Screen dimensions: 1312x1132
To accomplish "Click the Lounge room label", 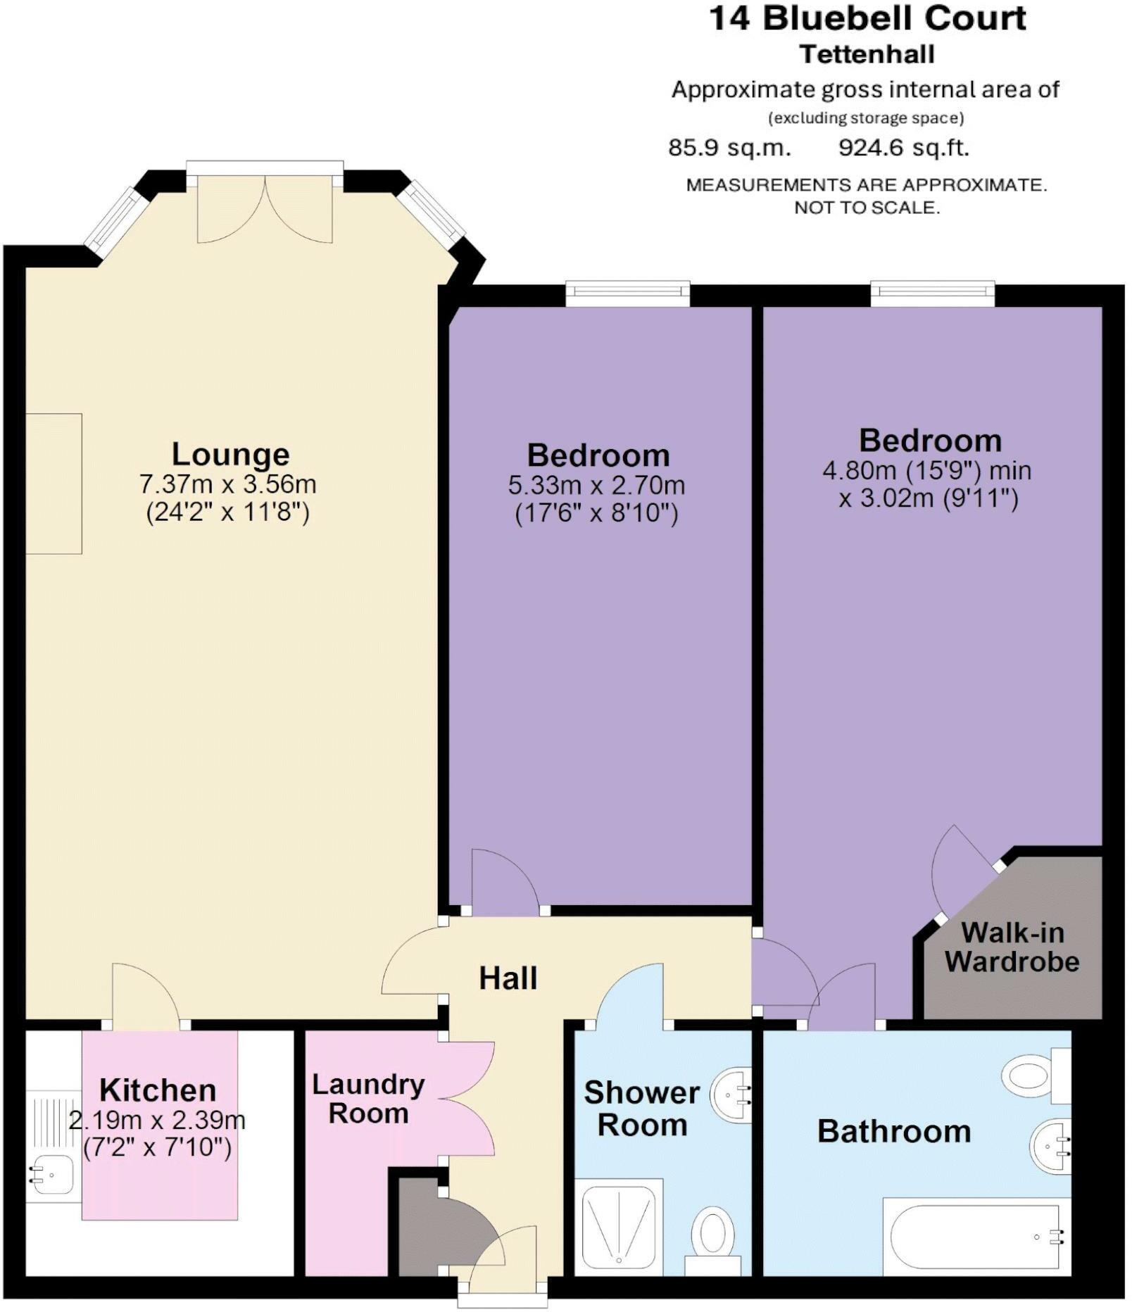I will tap(230, 455).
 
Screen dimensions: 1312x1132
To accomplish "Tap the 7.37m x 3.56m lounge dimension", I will tap(227, 484).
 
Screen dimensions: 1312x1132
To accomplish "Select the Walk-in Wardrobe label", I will tap(1012, 947).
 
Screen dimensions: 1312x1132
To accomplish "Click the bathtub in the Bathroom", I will tap(975, 1236).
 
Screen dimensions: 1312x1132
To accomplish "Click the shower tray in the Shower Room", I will tap(620, 1225).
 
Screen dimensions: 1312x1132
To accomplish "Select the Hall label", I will tap(508, 978).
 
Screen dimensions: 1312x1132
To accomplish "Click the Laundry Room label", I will tap(368, 1099).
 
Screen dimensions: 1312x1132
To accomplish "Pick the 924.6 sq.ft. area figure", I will tap(903, 149).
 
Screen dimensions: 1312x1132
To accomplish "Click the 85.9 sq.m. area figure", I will tap(729, 149).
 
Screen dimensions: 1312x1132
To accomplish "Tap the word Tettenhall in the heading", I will tap(867, 54).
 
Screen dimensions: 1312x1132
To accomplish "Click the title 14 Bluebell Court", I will tap(867, 18).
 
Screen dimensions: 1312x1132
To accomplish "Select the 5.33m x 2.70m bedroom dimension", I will tap(596, 485).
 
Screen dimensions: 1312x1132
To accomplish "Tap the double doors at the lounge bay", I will tap(265, 209).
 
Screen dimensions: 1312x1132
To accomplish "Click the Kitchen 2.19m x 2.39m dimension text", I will tap(157, 1120).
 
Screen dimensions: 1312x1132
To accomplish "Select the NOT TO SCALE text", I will tap(867, 208).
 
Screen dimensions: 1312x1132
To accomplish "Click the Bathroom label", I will tap(894, 1132).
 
